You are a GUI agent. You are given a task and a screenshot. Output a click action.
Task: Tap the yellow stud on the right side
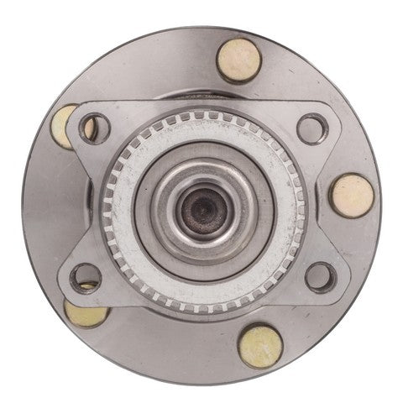point(352,196)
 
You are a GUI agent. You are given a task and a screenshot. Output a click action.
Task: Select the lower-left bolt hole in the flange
point(86,277)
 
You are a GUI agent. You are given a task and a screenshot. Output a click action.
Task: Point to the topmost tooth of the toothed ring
point(202,119)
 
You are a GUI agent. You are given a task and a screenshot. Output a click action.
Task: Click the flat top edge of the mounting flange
point(202,106)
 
